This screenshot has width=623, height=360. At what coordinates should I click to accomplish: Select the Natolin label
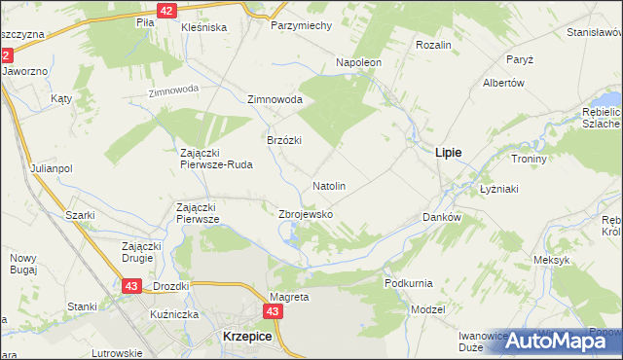(329, 185)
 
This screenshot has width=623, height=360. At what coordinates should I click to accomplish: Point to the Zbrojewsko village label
(307, 214)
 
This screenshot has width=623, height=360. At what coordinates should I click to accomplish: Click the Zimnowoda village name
(275, 100)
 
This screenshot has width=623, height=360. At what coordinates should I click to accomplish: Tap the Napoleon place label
(359, 62)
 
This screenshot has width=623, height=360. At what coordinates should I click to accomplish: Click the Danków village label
(441, 217)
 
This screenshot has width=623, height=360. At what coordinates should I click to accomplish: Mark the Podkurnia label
(408, 282)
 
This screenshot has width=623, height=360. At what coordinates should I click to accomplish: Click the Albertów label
(503, 83)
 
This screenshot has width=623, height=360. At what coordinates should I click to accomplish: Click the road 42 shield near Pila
(166, 11)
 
